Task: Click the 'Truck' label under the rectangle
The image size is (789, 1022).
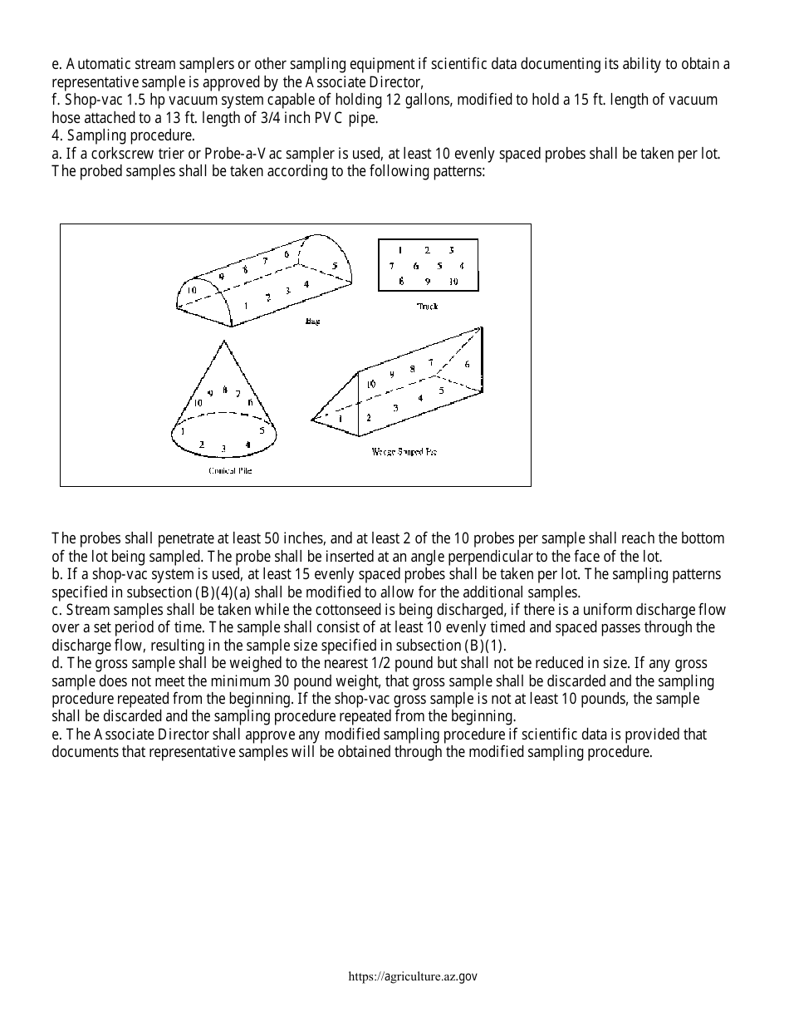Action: (427, 307)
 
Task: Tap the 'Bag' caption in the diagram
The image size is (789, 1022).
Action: (312, 321)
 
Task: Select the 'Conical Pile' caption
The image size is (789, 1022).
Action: (230, 471)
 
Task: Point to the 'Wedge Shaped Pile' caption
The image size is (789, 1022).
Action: (404, 452)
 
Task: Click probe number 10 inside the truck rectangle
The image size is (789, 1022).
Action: (453, 282)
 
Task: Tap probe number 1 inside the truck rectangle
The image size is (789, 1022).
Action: (400, 250)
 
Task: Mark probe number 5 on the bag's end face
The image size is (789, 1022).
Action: (335, 266)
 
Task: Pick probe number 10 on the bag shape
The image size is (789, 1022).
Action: (191, 291)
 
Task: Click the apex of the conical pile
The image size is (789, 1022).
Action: (223, 341)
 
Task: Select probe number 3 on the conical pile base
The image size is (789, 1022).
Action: (223, 449)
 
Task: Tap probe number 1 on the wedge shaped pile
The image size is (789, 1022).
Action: (340, 419)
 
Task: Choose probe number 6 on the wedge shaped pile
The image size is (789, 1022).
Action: (467, 365)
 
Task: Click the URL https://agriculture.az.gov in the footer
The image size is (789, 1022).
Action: (413, 977)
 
